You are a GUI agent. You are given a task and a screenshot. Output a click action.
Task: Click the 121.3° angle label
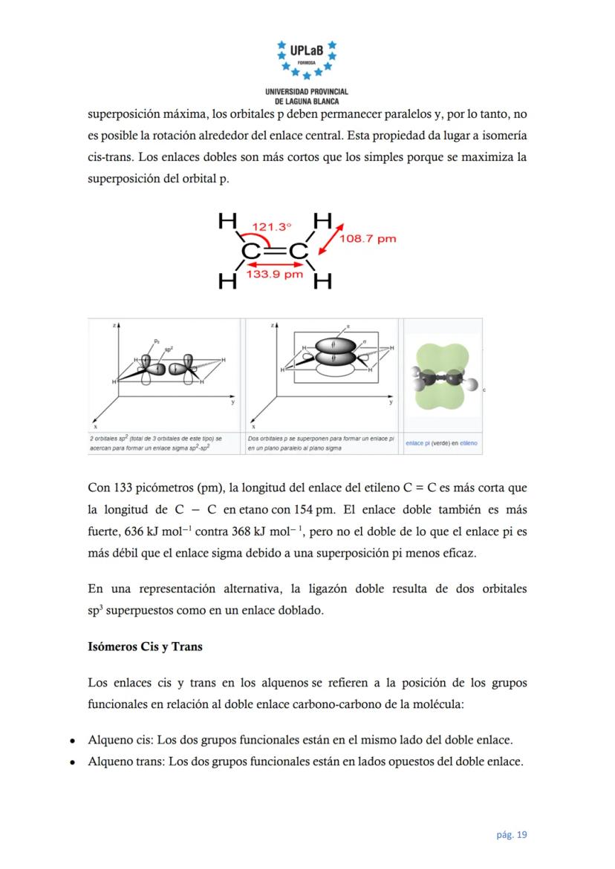coord(271,226)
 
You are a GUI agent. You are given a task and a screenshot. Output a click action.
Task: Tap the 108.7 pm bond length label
coord(368,238)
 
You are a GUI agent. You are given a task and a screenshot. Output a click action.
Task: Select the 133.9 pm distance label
coord(275,275)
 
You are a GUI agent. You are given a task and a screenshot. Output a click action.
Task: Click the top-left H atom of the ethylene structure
coord(227,221)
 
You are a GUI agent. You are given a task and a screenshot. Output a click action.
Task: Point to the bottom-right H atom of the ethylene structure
coord(322,281)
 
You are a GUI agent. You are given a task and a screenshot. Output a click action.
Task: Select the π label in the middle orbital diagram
coord(348,326)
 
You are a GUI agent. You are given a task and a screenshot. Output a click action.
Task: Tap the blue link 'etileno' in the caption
coord(469,443)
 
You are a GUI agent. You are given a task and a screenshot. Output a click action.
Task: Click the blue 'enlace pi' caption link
coord(417,443)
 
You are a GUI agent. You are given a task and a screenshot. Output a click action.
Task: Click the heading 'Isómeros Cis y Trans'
coord(145,646)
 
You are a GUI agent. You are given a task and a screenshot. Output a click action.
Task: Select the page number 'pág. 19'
coord(512,835)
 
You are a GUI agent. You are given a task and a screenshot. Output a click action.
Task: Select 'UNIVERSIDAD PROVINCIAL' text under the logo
coord(307,91)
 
